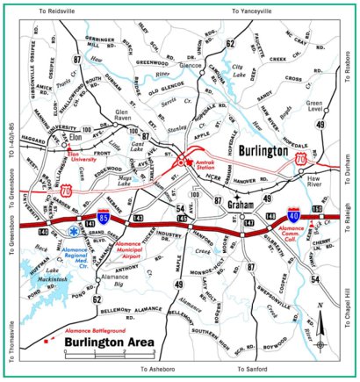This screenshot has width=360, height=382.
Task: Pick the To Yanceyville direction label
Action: pos(253,11)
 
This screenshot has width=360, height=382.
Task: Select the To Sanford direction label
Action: pos(255,371)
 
